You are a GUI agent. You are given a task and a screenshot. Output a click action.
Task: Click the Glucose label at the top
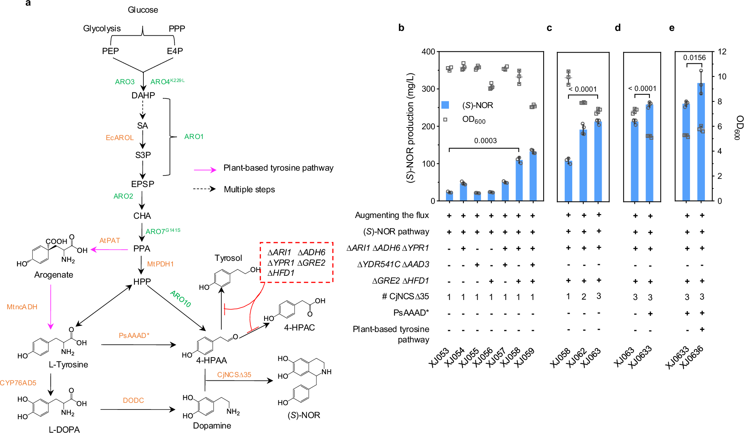click(143, 10)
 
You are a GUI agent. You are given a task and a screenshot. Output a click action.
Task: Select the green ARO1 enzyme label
click(194, 137)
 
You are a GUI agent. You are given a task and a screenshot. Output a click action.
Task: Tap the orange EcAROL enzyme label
click(120, 138)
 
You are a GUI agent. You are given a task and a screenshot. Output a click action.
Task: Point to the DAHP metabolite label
click(143, 96)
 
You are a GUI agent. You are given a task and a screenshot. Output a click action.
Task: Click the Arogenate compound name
click(54, 275)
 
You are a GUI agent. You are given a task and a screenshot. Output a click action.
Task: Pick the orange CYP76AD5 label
click(18, 383)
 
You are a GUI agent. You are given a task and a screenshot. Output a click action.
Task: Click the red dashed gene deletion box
click(296, 262)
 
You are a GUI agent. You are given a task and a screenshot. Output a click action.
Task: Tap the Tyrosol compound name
click(228, 258)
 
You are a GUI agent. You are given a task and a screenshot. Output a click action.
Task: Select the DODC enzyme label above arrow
click(133, 400)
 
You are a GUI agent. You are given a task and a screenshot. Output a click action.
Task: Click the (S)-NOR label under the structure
click(304, 415)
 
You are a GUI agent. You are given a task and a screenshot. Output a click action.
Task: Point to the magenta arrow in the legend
click(205, 170)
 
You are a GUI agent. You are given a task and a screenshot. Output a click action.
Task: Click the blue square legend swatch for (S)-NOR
click(445, 105)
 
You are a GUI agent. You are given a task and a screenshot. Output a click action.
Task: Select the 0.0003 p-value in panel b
click(485, 141)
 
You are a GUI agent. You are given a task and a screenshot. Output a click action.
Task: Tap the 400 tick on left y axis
click(428, 52)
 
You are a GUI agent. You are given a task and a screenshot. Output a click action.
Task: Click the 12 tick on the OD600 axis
click(722, 52)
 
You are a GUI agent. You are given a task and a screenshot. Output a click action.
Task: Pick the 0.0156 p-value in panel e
click(694, 58)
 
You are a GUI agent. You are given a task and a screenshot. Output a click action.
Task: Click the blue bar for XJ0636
click(701, 149)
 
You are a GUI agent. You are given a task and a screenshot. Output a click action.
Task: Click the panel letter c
click(549, 28)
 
